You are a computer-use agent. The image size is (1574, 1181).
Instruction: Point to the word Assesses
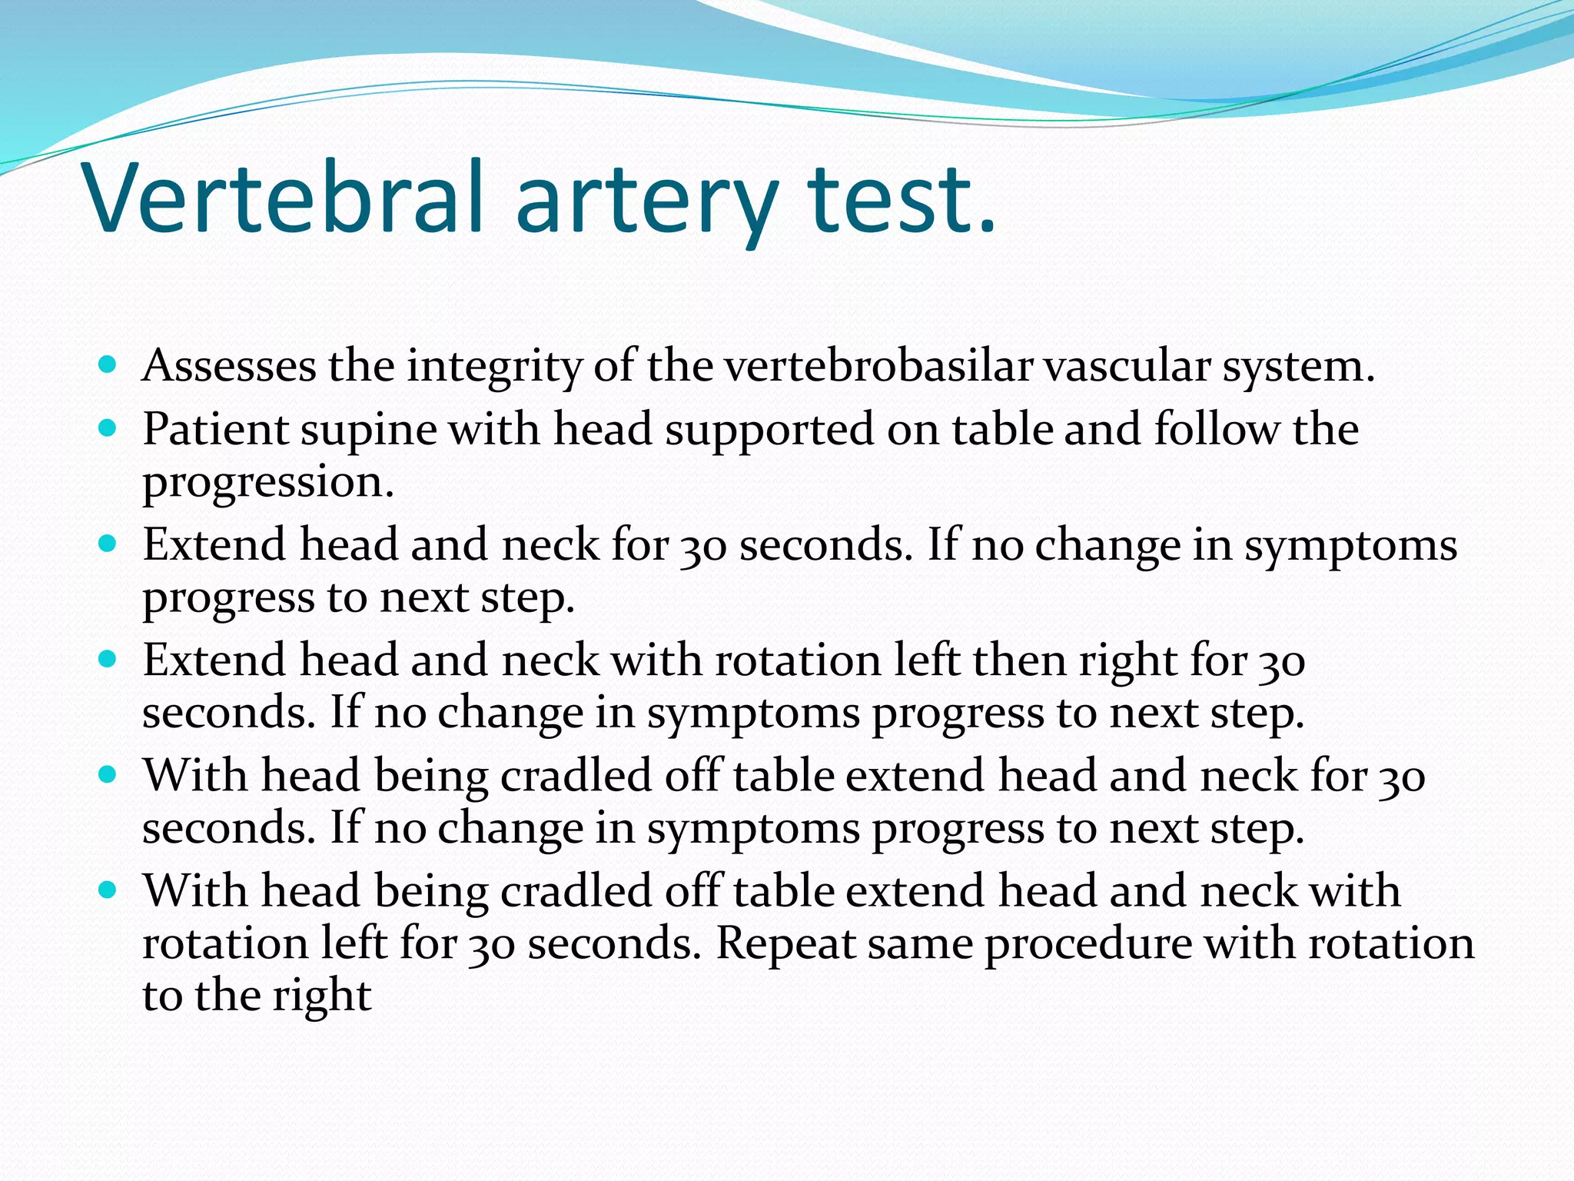pos(229,366)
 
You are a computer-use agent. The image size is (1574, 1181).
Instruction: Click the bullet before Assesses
pos(108,364)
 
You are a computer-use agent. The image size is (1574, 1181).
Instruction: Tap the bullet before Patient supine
pos(108,427)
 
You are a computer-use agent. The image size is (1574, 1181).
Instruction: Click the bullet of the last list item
pos(108,890)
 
